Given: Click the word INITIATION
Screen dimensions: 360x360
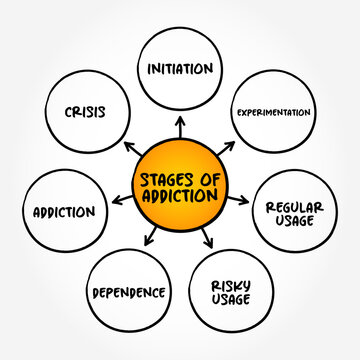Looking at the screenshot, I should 180,69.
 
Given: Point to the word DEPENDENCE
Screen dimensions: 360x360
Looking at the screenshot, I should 129,294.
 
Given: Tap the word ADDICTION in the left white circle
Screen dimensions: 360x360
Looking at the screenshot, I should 63,211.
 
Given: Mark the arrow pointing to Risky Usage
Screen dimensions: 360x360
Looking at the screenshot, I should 209,239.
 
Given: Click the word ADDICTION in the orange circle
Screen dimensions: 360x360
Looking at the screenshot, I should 180,197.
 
